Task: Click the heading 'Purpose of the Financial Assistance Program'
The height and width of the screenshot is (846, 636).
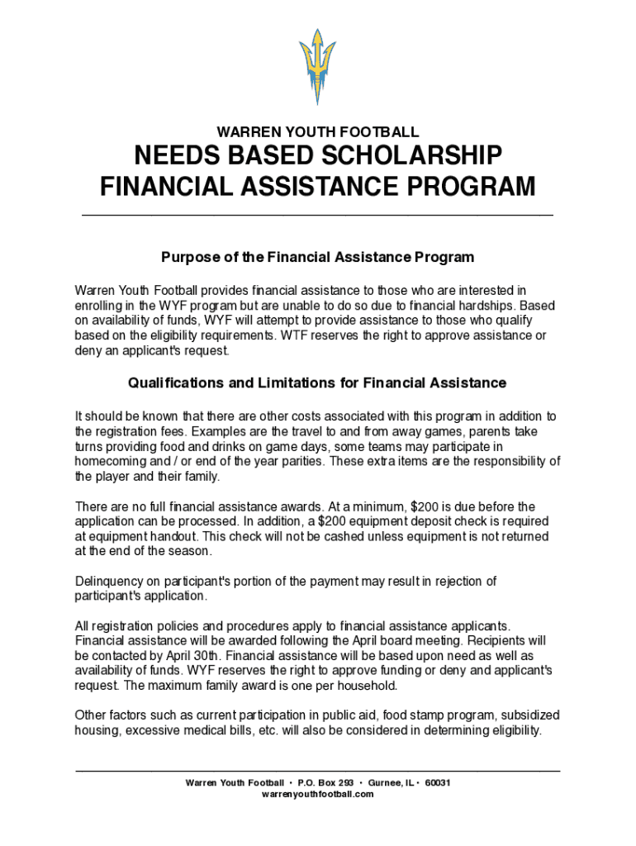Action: coord(318,257)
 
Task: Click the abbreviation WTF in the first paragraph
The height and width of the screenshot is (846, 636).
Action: coord(292,335)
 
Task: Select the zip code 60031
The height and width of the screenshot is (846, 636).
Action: coord(438,782)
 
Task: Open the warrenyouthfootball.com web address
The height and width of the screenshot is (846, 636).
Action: coord(318,794)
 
